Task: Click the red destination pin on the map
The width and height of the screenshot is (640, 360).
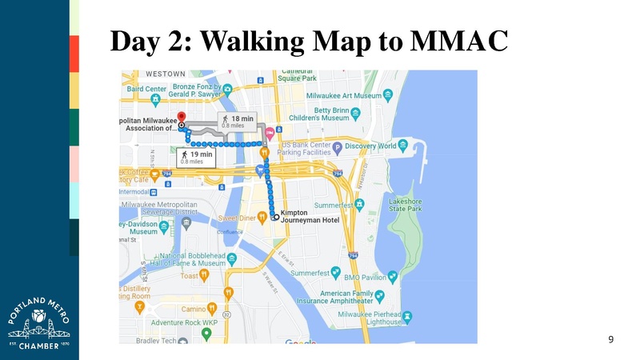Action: point(181,116)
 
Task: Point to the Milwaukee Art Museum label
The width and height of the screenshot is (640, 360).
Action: point(346,95)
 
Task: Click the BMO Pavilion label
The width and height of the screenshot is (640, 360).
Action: point(364,277)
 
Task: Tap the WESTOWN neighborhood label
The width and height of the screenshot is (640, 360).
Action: point(166,74)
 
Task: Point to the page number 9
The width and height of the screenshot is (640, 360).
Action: point(611,340)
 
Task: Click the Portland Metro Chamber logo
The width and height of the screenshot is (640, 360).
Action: point(38,319)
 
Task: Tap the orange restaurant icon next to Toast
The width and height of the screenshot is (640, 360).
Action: point(205,274)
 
